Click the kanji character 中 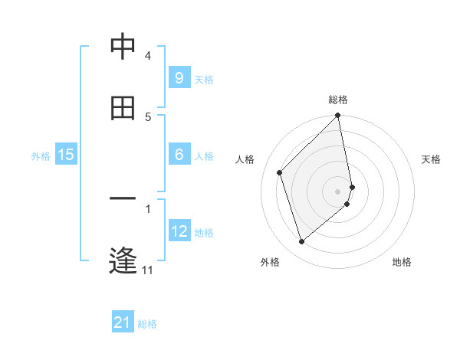(123, 47)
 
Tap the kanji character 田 (123, 108)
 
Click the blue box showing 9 (179, 77)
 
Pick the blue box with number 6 (179, 155)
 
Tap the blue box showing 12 (179, 231)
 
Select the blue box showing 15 (66, 155)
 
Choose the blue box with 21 (123, 322)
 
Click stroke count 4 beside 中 (148, 56)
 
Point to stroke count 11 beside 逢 (148, 270)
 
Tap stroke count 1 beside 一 (148, 208)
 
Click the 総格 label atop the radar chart (338, 100)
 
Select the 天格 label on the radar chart (432, 159)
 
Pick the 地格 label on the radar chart (402, 262)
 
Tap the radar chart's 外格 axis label (270, 262)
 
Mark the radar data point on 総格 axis (338, 116)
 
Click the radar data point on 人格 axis (280, 172)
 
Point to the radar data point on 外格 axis (301, 241)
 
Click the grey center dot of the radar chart (338, 191)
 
